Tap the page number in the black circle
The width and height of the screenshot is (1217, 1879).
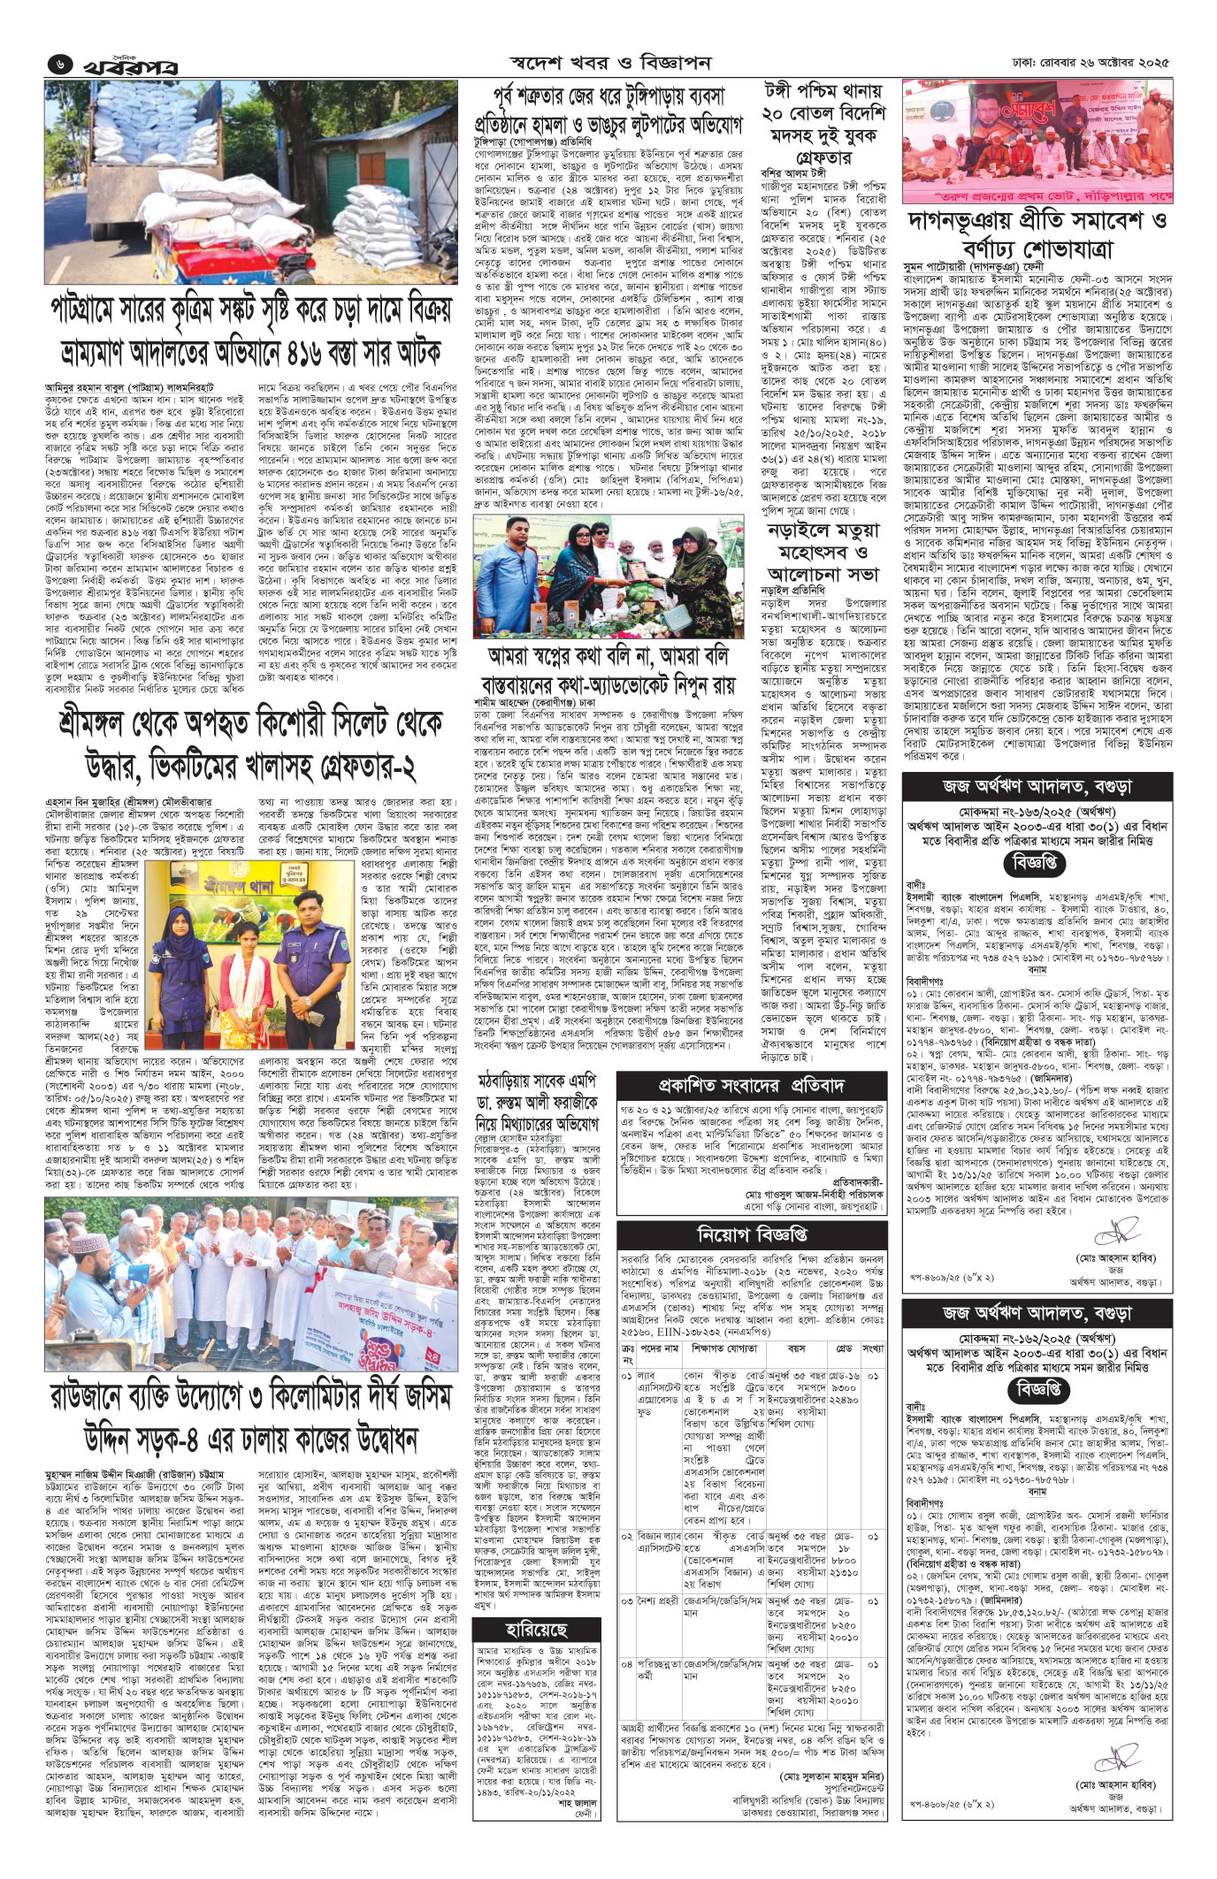pos(58,65)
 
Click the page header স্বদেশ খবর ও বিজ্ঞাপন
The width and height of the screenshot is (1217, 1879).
pos(610,64)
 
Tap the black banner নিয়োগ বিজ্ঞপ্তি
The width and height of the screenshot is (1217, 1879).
pos(752,1233)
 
